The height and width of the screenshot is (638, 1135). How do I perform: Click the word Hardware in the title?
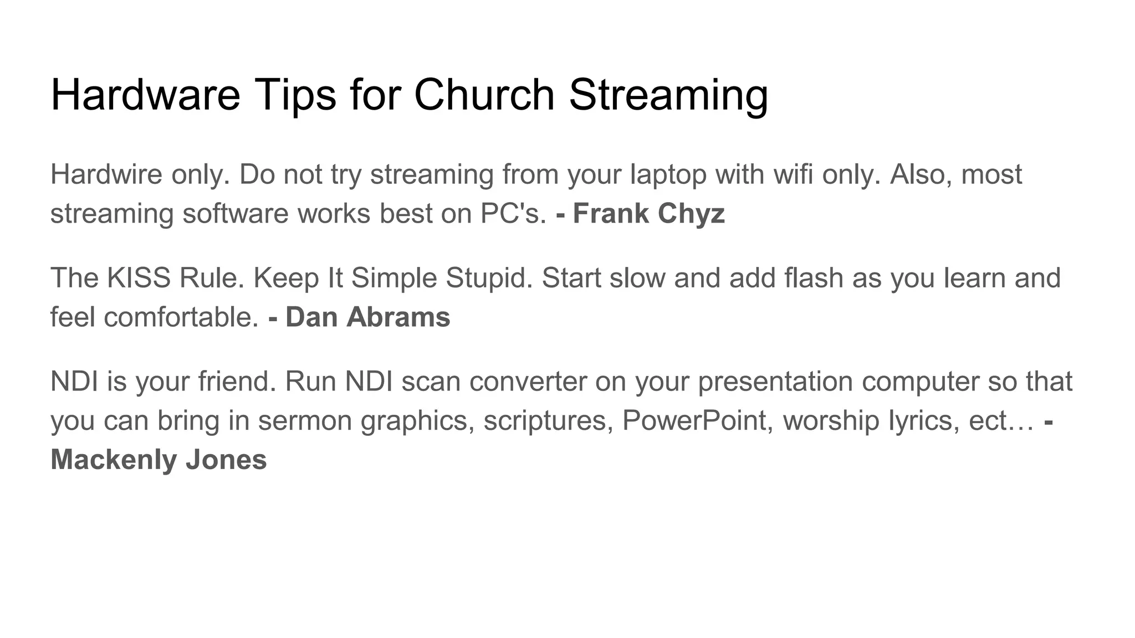tap(145, 95)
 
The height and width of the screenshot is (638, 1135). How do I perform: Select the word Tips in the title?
tap(295, 95)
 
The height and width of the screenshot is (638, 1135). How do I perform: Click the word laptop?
tap(668, 176)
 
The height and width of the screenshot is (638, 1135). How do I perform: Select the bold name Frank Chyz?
tap(648, 214)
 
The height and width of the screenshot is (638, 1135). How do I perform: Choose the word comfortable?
tap(181, 317)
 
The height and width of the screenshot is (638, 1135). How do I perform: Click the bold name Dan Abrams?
tap(367, 317)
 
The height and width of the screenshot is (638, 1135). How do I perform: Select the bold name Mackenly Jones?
tap(159, 460)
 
